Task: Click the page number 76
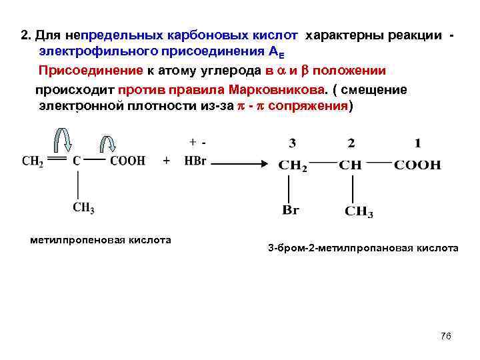[x=446, y=335]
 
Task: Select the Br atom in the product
[x=291, y=211]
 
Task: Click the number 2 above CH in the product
[x=351, y=143]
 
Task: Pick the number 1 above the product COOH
[x=417, y=143]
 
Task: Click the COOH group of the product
[x=417, y=165]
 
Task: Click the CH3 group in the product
[x=359, y=212]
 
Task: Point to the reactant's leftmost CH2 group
[x=33, y=161]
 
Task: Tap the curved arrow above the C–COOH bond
[x=108, y=143]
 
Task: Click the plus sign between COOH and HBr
[x=166, y=161]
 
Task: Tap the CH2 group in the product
[x=293, y=165]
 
